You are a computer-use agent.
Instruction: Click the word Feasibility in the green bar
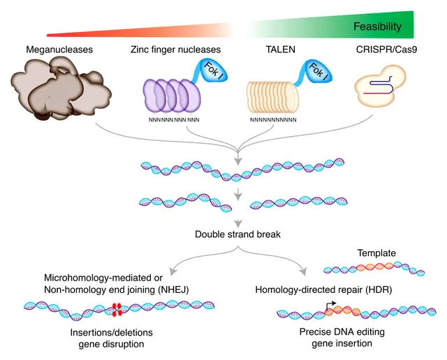[x=377, y=27]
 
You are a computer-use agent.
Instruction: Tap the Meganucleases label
[x=59, y=50]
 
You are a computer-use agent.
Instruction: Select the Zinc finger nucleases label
[x=175, y=50]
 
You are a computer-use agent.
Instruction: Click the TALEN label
[x=281, y=50]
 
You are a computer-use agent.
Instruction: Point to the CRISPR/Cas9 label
[x=386, y=50]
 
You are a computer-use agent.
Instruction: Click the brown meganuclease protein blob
[x=61, y=88]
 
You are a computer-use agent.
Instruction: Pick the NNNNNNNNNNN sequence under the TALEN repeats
[x=273, y=120]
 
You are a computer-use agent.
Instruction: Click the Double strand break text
[x=237, y=234]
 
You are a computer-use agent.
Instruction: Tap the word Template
[x=376, y=253]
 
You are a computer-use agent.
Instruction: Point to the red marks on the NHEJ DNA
[x=117, y=310]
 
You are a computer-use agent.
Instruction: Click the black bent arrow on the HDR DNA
[x=330, y=306]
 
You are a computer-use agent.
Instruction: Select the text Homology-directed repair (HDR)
[x=323, y=290]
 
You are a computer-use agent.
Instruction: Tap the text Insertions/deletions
[x=112, y=332]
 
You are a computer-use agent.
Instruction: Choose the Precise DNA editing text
[x=342, y=332]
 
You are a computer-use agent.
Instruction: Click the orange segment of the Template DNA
[x=375, y=267]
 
